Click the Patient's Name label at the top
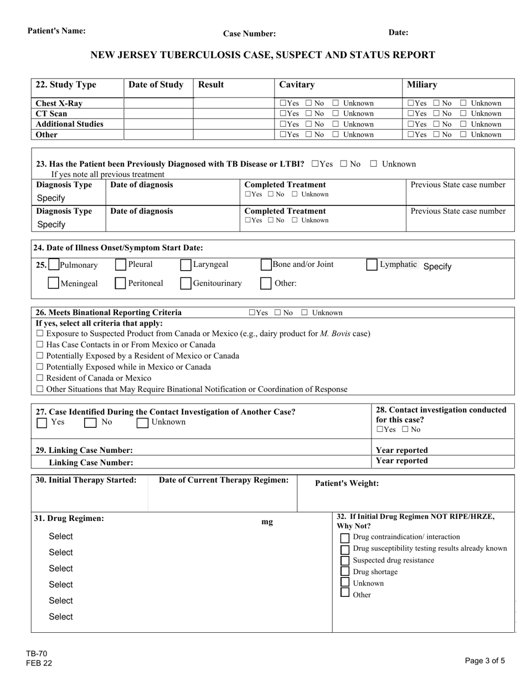click(x=56, y=31)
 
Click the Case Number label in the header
click(x=249, y=34)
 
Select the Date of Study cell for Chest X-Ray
click(x=158, y=104)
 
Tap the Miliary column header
click(x=422, y=85)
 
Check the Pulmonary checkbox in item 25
click(x=54, y=265)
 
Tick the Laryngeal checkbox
click(x=186, y=265)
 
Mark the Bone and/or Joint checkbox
click(x=266, y=265)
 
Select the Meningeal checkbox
click(x=54, y=283)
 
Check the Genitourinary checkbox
click(x=186, y=283)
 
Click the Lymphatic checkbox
click(x=372, y=265)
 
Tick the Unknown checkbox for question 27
click(x=142, y=423)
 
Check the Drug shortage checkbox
click(x=344, y=571)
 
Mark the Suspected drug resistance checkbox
click(x=344, y=560)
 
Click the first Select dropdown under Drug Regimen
click(x=61, y=536)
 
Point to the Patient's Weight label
click(x=347, y=483)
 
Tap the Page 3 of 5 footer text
click(x=484, y=660)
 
